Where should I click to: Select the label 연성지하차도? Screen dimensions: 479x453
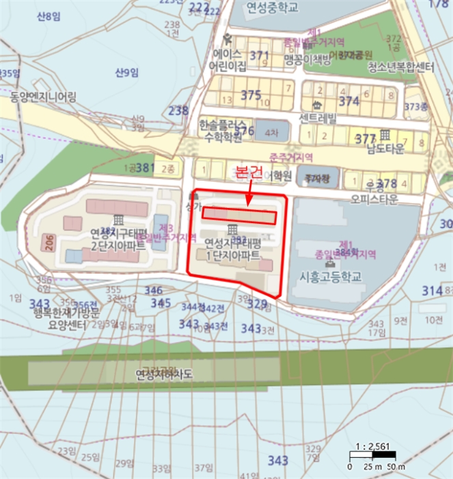coord(164,375)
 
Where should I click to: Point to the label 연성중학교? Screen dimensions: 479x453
coord(273,9)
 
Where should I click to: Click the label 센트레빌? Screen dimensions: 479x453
coord(318,117)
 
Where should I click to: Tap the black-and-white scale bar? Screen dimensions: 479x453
coord(370,456)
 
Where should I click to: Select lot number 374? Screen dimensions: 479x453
coord(348,101)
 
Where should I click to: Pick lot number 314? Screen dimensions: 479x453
coord(432,291)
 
